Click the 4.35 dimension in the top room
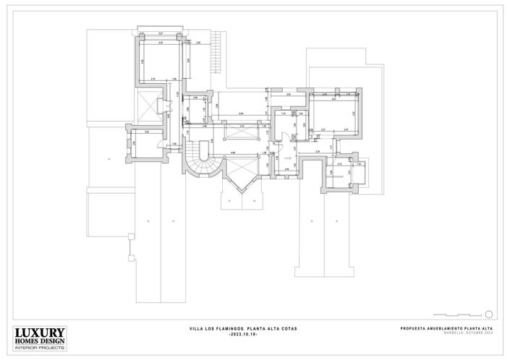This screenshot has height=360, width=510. pos(160,43)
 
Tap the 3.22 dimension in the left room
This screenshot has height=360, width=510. pos(147,132)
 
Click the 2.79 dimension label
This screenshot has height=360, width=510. pos(153,78)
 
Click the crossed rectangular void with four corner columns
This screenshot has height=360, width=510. pos(238,133)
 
